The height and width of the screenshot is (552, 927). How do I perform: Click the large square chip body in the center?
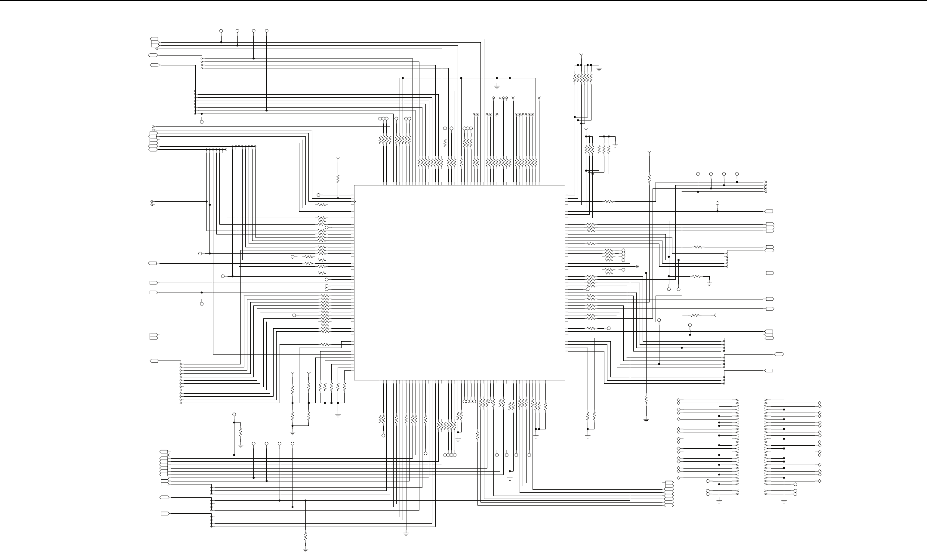(x=459, y=283)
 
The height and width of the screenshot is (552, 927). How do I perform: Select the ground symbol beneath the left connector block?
(x=719, y=501)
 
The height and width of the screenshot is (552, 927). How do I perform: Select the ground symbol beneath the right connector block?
(x=784, y=501)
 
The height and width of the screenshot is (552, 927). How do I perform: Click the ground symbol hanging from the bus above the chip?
(x=497, y=86)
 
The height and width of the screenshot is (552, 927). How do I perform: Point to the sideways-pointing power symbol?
(x=714, y=315)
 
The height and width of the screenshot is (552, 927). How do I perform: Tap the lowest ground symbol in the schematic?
(x=305, y=549)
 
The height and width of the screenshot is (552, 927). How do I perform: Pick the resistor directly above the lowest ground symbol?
(x=305, y=536)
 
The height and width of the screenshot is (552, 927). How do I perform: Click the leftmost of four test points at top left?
(x=221, y=31)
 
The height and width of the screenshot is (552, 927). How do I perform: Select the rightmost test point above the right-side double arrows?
(x=737, y=174)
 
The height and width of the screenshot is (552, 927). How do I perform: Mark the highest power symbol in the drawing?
(x=581, y=55)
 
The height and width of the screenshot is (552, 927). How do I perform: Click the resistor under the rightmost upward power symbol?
(x=649, y=178)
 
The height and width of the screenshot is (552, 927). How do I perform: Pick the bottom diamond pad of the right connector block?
(x=819, y=481)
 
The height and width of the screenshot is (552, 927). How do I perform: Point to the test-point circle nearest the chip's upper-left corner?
(x=318, y=195)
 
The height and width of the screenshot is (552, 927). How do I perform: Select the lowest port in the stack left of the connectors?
(x=668, y=505)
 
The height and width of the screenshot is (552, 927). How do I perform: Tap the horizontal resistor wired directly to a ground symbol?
(x=697, y=276)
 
